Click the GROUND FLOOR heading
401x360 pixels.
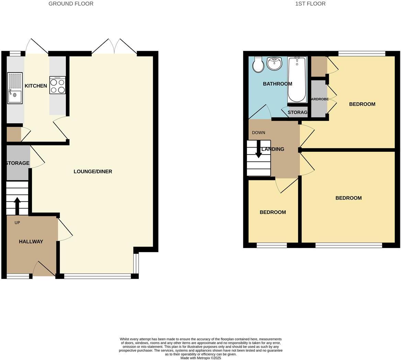tap(71, 4)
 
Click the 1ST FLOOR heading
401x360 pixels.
tap(310, 4)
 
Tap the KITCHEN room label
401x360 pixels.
tap(36, 86)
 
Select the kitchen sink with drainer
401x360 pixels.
tap(15, 88)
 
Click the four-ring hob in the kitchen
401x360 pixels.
tap(57, 85)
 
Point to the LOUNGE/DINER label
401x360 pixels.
tap(93, 171)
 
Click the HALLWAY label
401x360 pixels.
tap(31, 241)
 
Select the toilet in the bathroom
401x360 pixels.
tap(258, 65)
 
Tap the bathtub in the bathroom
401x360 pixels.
tap(297, 79)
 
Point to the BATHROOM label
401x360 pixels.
tap(277, 84)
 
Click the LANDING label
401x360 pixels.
tap(273, 149)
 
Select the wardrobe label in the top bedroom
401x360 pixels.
tap(320, 99)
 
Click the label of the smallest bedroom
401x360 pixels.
tap(273, 212)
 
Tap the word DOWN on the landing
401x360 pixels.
tap(259, 133)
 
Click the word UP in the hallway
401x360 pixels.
tap(17, 223)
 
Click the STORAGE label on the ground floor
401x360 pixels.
tap(18, 163)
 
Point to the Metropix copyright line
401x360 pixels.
tap(201, 358)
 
